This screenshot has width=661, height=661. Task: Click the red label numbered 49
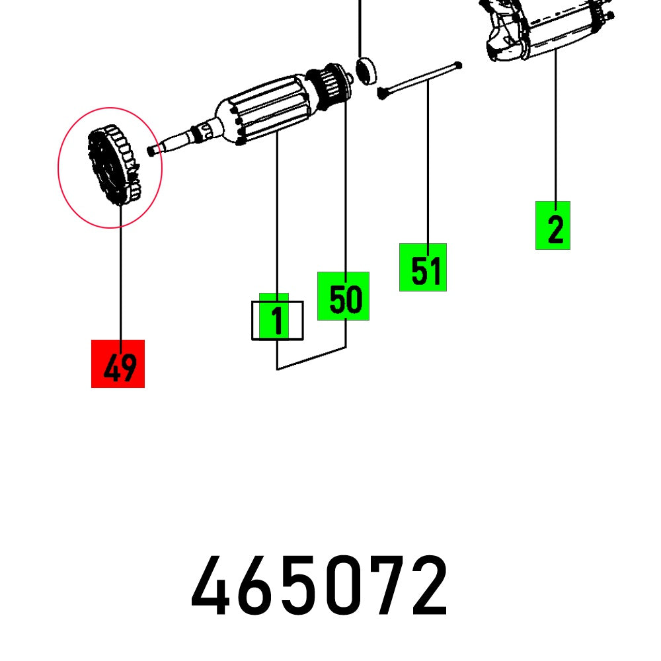point(118,364)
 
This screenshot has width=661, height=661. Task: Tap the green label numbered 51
point(423,267)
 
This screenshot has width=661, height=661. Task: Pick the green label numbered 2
point(553,225)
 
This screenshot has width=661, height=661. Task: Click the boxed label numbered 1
point(277,320)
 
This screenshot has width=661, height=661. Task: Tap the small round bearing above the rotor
point(365,68)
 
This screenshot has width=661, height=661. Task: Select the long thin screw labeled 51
point(420,79)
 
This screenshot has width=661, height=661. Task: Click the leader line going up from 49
point(120,278)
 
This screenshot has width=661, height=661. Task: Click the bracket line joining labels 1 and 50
point(311,359)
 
